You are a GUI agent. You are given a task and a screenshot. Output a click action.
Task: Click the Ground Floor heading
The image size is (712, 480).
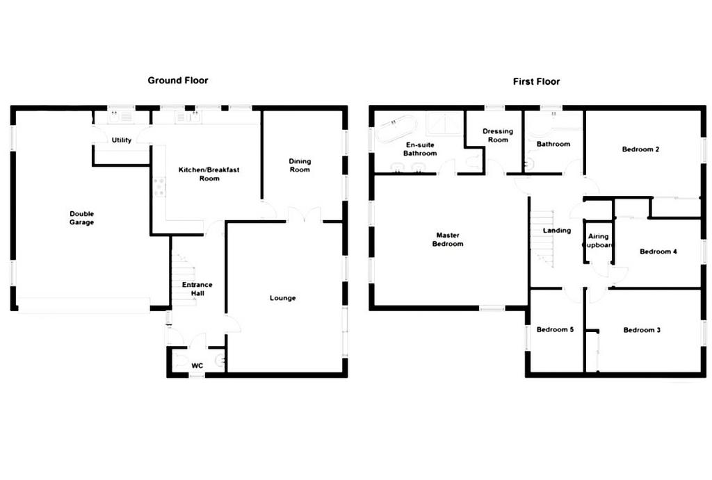coord(178,81)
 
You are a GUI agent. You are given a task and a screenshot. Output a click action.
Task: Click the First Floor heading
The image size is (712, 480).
coord(536,82)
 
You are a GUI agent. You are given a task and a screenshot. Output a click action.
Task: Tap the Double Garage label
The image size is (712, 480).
coord(82,217)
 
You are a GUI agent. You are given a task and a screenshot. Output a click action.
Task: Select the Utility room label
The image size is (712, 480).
coord(122,140)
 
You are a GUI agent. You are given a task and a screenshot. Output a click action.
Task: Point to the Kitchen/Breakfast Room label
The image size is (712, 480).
coord(209,174)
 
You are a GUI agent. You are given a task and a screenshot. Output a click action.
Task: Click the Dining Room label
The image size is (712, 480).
coord(300,165)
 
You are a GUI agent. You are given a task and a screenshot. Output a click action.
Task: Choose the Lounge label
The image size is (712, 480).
coord(282,298)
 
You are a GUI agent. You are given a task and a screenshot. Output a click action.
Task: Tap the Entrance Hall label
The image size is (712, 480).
coord(197,289)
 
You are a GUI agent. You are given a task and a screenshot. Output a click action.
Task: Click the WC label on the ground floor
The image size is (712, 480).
coord(197,365)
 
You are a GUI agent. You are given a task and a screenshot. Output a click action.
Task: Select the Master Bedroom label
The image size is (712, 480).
coord(448,240)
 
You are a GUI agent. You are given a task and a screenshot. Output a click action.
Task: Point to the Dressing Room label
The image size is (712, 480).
coord(498,135)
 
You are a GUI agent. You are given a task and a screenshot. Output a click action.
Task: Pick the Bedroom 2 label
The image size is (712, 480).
coord(640,149)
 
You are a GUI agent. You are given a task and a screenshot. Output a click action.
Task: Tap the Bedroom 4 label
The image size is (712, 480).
coord(658,251)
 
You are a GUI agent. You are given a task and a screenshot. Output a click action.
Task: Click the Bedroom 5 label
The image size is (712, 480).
coord(555,329)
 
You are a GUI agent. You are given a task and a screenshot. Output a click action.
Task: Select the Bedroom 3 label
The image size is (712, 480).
coord(642,330)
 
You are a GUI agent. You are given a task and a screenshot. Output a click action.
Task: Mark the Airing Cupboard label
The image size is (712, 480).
coord(599,240)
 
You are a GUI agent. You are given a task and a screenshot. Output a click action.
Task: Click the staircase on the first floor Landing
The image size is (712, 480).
coord(542,238)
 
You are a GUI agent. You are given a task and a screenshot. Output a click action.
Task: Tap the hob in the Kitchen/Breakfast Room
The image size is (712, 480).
coord(159,187)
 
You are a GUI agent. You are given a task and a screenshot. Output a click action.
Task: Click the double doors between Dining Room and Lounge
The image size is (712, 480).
coord(305,215)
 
